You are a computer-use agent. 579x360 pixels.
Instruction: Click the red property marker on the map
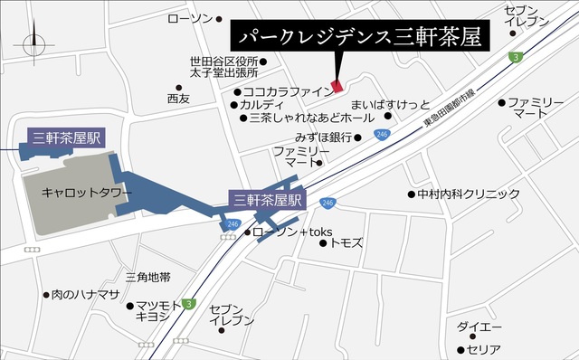(337, 86)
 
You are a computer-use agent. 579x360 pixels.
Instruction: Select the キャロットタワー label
(87, 193)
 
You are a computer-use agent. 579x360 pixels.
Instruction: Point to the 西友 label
(178, 98)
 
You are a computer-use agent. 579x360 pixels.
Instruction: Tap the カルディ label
(269, 104)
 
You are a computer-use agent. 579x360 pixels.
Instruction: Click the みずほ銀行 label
(322, 137)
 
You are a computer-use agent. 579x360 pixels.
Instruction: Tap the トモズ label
(346, 242)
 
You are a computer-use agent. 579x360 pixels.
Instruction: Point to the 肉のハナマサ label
(87, 295)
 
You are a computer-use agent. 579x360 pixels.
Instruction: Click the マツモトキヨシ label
(159, 313)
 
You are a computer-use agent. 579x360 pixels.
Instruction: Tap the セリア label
(484, 349)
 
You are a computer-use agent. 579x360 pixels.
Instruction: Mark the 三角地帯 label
(148, 276)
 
